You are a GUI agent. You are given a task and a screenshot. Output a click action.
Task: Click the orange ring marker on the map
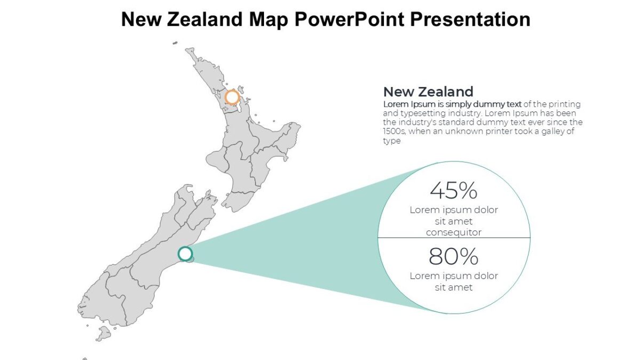(x=232, y=97)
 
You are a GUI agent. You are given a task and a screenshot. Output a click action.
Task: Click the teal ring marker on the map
(x=185, y=254)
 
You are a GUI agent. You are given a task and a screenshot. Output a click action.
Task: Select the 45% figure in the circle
(x=453, y=190)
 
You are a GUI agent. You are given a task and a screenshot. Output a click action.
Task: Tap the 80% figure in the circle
(x=453, y=257)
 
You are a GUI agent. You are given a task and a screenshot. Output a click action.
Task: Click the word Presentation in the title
(x=470, y=19)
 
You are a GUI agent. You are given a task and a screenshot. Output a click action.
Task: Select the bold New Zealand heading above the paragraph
(x=428, y=91)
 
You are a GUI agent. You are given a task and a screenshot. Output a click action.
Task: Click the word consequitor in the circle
(x=453, y=233)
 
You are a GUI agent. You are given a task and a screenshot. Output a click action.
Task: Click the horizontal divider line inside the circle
(x=453, y=238)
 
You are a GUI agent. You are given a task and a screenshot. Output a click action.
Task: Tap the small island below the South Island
(x=103, y=334)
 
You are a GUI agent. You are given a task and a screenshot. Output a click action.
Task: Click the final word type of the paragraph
(x=391, y=141)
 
